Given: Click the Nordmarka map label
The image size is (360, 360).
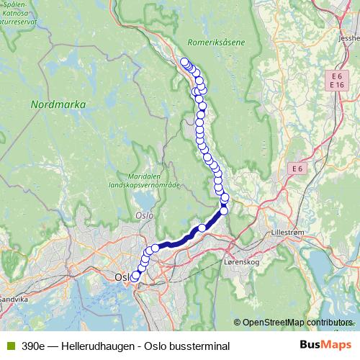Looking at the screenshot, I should coord(58,104).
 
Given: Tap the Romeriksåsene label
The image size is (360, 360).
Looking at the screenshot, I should coord(216,42).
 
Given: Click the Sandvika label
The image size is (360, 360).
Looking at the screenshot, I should coord(12,297).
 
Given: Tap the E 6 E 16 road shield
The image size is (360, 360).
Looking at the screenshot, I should coord(336,81).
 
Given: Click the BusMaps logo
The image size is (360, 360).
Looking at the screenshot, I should coord(325,346).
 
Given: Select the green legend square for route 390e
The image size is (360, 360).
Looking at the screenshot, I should coord(10,346).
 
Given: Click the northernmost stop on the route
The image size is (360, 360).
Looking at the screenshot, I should coord(184,62).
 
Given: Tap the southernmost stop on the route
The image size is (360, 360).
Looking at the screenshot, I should coord(133,276).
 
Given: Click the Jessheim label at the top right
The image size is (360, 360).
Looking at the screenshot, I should coord(351,39).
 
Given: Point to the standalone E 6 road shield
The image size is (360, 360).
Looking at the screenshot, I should coord(297,168).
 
